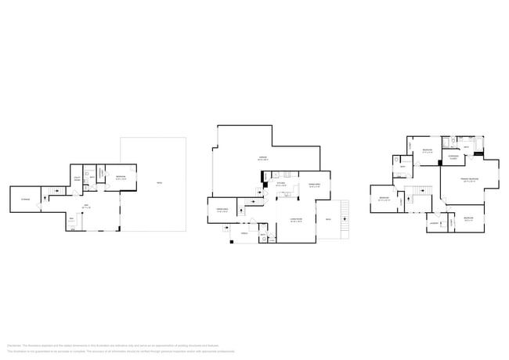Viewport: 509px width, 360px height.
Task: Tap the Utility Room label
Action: [78, 178]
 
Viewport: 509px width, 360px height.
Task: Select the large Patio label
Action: [159, 184]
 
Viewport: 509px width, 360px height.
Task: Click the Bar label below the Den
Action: [71, 218]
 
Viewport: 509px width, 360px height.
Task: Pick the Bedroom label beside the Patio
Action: [119, 177]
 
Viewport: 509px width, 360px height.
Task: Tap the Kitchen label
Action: [280, 185]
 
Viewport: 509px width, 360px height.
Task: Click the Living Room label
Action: [296, 221]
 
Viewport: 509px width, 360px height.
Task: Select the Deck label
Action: [327, 220]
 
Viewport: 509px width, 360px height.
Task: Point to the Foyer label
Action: [243, 233]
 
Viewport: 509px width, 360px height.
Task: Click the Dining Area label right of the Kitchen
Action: [314, 185]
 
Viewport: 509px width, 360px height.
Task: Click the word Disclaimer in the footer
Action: [14, 345]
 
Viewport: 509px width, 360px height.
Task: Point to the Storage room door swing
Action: [43, 198]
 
